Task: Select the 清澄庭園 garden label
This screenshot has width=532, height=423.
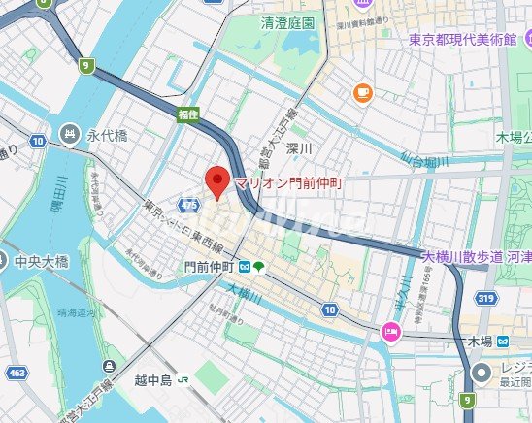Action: coord(288,21)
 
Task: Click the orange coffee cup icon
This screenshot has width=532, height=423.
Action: coord(364,93)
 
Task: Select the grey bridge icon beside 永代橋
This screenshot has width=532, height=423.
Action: coord(70,134)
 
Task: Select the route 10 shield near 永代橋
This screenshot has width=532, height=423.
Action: coord(37,142)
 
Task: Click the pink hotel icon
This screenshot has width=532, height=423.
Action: coord(390,333)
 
